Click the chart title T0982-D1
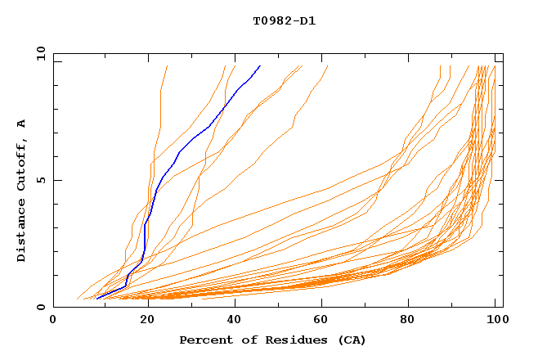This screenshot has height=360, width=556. pos(284,21)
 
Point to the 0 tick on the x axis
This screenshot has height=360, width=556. pos(53,320)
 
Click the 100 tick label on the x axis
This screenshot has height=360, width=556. pos(495,320)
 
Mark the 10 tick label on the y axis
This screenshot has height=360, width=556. pos(40,53)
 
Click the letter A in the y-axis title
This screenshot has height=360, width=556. pos(22,124)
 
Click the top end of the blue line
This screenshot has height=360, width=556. pos(260,65)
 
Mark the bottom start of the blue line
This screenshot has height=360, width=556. pos(96,299)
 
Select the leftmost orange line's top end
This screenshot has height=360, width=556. pos(167,65)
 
